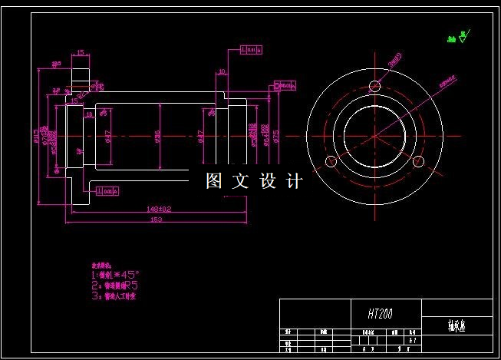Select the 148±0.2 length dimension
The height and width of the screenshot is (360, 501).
pos(158,208)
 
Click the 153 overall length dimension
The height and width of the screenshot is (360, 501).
pos(157,220)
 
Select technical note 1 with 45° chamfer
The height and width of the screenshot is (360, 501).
pos(117,273)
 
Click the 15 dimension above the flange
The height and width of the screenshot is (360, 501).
pos(80,54)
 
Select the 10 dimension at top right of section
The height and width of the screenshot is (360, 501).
pos(221,72)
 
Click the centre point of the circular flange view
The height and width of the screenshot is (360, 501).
pos(374,136)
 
